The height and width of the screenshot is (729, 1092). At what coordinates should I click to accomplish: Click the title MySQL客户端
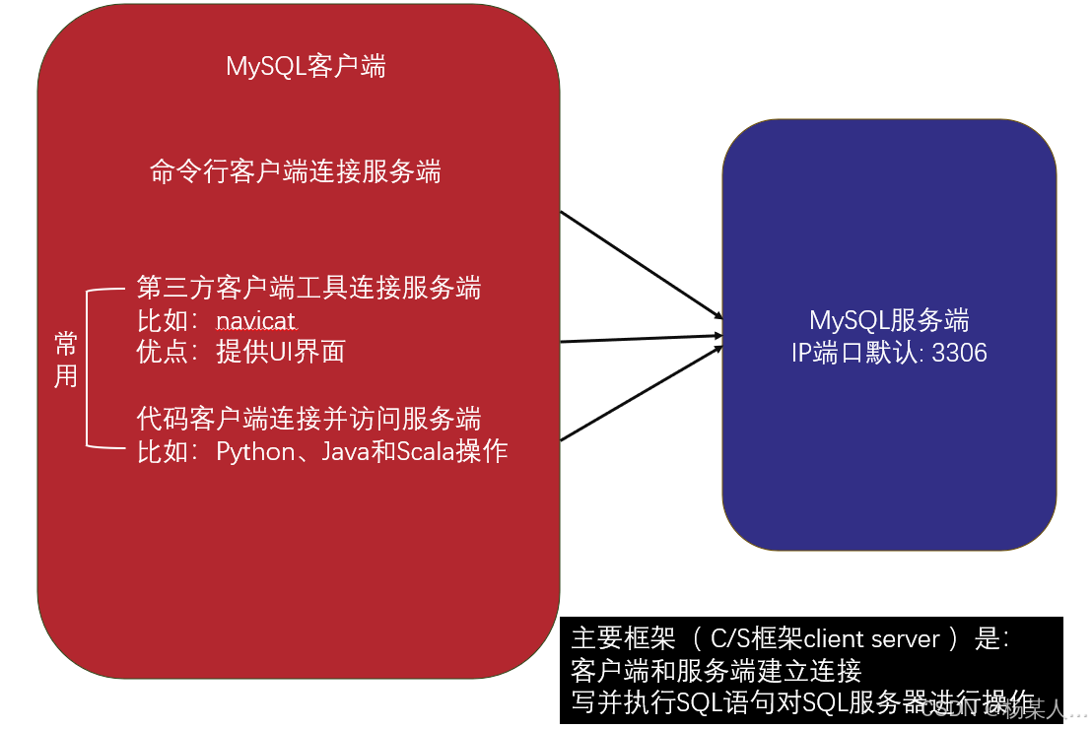(306, 67)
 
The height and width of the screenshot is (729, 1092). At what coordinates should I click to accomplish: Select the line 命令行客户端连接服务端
(295, 172)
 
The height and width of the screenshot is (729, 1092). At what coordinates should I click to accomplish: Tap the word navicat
(256, 321)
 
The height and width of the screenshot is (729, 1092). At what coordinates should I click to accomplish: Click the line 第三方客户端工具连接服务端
(308, 289)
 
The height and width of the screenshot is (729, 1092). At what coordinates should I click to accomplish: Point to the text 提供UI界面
(281, 353)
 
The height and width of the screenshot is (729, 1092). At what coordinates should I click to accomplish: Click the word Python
(255, 452)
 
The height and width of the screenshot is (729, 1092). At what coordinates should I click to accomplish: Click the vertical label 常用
(66, 360)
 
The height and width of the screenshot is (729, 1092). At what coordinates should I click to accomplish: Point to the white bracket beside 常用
(91, 367)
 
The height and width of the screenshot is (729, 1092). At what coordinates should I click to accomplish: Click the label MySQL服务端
(888, 320)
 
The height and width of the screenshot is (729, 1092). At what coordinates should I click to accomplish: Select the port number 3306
(959, 353)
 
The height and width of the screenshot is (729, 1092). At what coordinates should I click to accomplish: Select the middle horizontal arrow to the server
(641, 339)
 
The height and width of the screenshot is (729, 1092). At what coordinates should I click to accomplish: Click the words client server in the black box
(872, 638)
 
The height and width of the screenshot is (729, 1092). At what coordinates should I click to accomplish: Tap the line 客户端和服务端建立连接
(716, 671)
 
